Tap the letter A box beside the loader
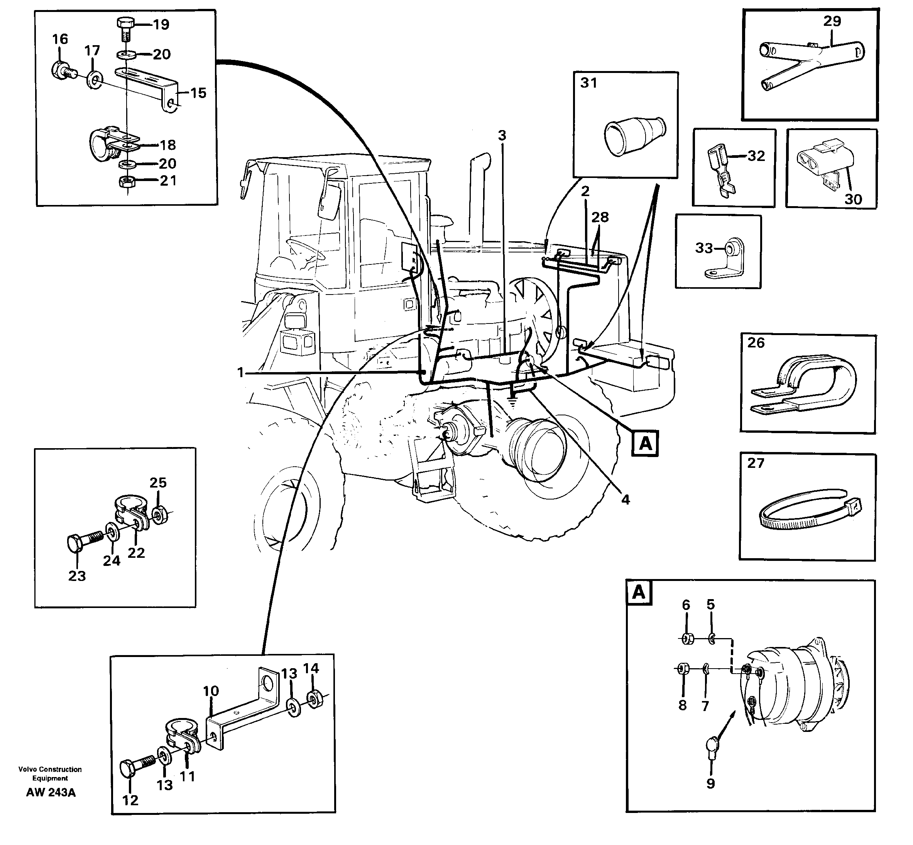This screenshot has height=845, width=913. tap(645, 443)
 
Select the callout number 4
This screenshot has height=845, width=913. tap(626, 500)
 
